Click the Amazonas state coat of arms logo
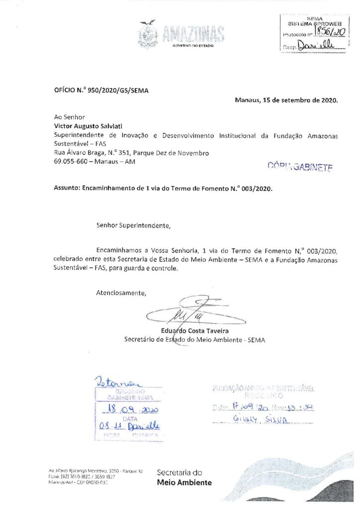pos(147,34)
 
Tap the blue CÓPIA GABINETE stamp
pos(300,166)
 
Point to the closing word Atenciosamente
pos(121,292)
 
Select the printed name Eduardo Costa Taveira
pos(194,331)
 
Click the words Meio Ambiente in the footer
pos(184,482)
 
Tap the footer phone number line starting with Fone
pos(88,476)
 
